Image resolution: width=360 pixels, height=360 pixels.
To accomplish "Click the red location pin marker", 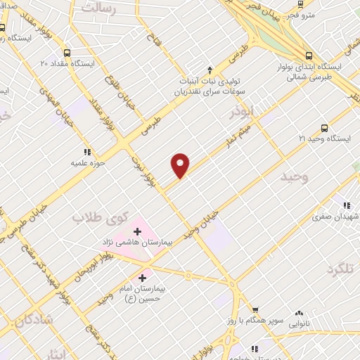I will [x=181, y=165].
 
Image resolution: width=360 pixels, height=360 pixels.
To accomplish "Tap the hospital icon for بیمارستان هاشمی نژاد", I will [x=138, y=231].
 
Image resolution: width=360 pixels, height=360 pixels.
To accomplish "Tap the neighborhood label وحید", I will [x=293, y=176].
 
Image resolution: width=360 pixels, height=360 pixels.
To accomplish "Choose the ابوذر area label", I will [x=242, y=112].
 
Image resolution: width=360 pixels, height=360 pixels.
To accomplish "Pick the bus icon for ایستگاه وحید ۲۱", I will [x=324, y=128].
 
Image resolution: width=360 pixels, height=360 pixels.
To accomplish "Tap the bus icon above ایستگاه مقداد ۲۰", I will [x=67, y=53].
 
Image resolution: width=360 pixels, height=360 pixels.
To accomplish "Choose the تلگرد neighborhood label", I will [x=342, y=270].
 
